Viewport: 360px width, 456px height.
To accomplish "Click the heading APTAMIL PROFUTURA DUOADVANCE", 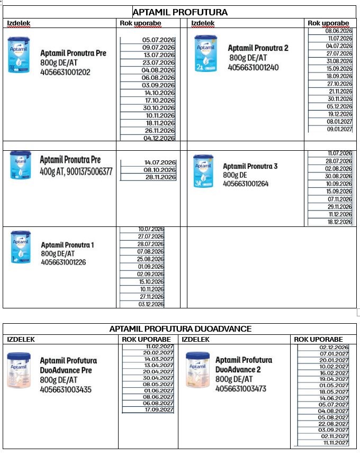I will tap(180, 329).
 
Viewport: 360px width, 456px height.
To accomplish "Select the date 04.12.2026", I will tap(159, 138).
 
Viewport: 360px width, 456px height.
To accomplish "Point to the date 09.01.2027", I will tap(339, 129).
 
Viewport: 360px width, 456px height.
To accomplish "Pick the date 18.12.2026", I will tap(339, 222).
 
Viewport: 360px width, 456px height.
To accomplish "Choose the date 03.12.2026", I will tap(151, 304).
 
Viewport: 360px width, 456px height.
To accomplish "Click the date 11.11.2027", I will tap(334, 442).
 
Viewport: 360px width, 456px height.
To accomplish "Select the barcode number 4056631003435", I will tap(66, 389).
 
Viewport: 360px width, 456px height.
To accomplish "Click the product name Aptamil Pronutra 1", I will tap(67, 245).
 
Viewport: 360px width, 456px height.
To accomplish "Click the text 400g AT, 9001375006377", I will tap(76, 171).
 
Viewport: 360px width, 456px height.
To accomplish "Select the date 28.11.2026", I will tap(160, 177).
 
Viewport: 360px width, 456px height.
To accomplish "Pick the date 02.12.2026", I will tap(334, 347).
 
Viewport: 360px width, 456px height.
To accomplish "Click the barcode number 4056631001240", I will tap(253, 67).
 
